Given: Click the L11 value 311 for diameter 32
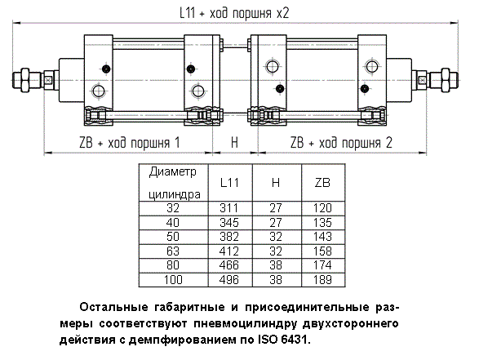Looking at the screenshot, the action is [x=228, y=208].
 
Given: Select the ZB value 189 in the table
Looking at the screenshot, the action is [x=322, y=280].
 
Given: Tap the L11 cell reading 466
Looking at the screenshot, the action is [x=228, y=265].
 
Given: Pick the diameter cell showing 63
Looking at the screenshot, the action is [x=173, y=251].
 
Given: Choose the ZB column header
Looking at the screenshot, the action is [x=322, y=182].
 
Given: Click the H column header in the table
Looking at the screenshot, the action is [x=276, y=182].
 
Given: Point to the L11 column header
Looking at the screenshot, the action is [x=229, y=182].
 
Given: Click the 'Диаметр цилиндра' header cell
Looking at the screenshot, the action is [x=174, y=183].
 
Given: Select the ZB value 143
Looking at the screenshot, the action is [x=322, y=237].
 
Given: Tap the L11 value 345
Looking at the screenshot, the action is [x=228, y=223].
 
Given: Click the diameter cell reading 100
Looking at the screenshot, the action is [x=173, y=280].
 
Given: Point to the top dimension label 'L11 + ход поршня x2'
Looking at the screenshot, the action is [x=234, y=13].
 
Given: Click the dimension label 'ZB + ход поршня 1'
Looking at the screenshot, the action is [x=130, y=143].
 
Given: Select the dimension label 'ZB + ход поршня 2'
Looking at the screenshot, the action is [x=341, y=143].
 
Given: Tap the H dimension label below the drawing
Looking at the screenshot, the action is [x=234, y=143].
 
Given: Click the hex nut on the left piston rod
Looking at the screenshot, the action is [x=24, y=80].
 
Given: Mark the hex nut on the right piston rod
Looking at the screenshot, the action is [x=446, y=80].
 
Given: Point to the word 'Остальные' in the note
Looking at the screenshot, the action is [x=113, y=307].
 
